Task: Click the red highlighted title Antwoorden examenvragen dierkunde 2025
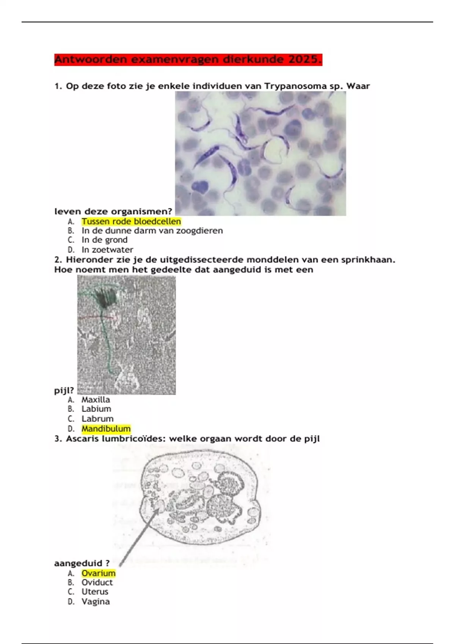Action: click(x=188, y=59)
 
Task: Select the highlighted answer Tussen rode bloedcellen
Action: click(x=131, y=221)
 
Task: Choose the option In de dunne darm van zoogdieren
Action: click(x=152, y=231)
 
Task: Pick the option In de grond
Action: click(x=105, y=240)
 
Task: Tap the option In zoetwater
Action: click(x=107, y=250)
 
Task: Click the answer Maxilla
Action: click(x=96, y=400)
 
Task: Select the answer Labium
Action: click(x=96, y=409)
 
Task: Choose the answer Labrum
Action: click(x=97, y=419)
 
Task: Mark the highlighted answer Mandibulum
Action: click(x=106, y=429)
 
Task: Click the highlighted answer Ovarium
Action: click(x=99, y=573)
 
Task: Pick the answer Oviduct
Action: click(x=97, y=582)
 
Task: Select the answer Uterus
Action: click(x=95, y=591)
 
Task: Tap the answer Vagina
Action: click(x=96, y=602)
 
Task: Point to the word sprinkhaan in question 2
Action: click(x=368, y=259)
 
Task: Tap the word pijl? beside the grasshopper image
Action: click(x=64, y=391)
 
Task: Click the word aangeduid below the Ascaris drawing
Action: click(x=78, y=563)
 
